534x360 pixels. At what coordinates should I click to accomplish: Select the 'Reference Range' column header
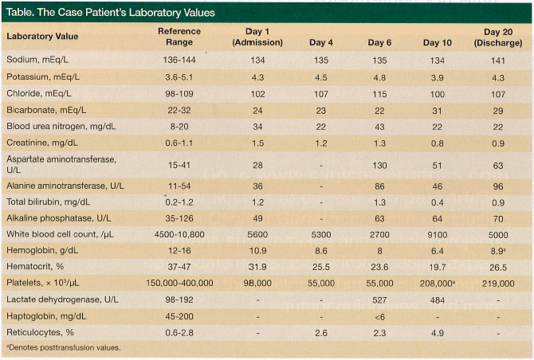(179, 36)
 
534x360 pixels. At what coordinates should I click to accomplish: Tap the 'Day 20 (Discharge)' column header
(498, 36)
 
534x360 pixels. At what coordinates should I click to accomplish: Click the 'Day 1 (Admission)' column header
(253, 36)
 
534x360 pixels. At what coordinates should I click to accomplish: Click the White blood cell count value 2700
(380, 236)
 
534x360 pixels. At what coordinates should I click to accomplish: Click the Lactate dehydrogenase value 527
(380, 302)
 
